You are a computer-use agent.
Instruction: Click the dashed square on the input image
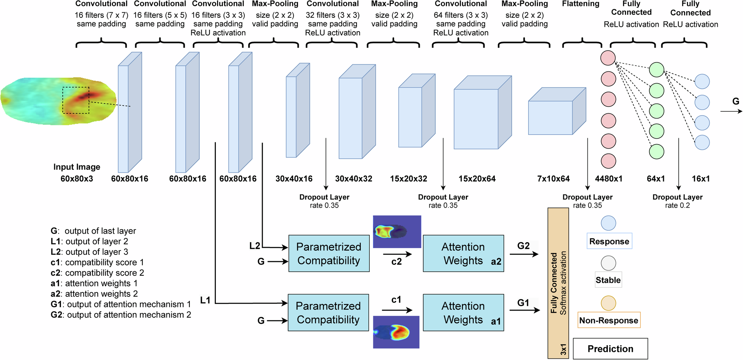(x=76, y=100)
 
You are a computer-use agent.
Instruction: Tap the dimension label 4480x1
(x=609, y=179)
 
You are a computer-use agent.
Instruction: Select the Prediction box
(x=610, y=348)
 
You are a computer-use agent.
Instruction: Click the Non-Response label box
(x=609, y=320)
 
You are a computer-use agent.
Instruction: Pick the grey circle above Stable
(x=609, y=263)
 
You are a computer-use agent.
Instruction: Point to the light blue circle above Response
(x=609, y=223)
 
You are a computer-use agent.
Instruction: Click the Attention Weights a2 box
(x=463, y=253)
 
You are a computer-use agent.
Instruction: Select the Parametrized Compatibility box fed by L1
(x=328, y=312)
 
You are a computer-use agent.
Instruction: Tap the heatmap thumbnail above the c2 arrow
(x=397, y=231)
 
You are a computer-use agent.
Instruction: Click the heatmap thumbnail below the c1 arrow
(x=396, y=332)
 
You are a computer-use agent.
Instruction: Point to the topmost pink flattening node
(x=608, y=58)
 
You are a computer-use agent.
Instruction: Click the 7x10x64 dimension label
(x=553, y=179)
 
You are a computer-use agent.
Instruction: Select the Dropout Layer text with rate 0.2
(x=677, y=201)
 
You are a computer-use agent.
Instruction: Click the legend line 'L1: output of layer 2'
(x=90, y=241)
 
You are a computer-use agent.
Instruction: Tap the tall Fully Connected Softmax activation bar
(x=558, y=282)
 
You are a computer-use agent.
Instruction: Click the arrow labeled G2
(x=524, y=254)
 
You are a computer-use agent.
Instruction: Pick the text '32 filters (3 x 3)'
(x=332, y=15)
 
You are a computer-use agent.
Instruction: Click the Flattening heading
(x=580, y=4)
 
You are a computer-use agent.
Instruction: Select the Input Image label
(x=77, y=167)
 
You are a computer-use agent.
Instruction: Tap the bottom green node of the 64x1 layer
(x=656, y=152)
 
